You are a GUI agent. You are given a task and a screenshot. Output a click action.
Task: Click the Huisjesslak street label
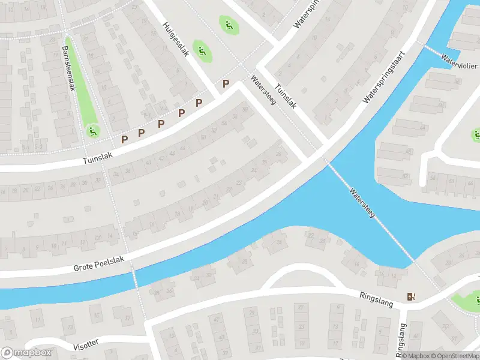[x=176, y=40]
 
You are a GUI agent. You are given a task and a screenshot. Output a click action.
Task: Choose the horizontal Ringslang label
[x=377, y=299]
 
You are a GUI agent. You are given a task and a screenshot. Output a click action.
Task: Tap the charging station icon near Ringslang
[x=411, y=296]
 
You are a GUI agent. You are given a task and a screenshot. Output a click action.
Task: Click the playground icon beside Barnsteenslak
[x=92, y=130]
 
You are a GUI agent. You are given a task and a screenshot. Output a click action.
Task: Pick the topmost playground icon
[x=228, y=25]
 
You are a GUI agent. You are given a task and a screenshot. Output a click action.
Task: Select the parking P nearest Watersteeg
[x=226, y=85]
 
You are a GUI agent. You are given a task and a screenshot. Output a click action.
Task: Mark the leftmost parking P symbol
[x=125, y=139]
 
